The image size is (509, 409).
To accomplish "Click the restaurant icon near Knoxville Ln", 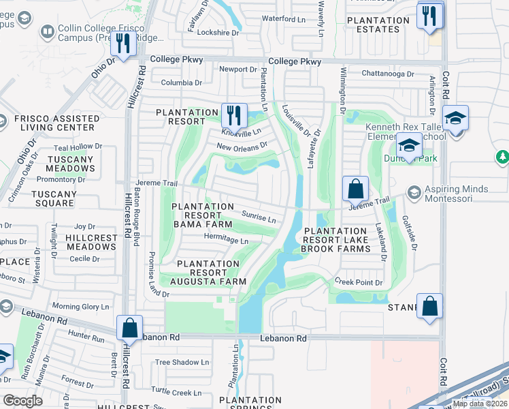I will point(233,115).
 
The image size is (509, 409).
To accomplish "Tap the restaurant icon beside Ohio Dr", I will point(123,45).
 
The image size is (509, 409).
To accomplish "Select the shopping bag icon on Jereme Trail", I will point(355,189).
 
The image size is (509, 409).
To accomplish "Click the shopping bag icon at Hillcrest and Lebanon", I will point(129,328).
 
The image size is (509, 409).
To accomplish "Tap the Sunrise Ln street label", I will point(259,217).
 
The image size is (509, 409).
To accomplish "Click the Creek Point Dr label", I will point(359,282).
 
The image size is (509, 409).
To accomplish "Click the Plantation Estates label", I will point(378,25).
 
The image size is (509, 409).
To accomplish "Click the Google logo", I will point(22,400).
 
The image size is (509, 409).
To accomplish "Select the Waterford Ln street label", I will point(284,19).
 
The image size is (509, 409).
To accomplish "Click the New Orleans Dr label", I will point(242,145).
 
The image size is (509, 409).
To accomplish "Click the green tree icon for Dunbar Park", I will point(503,157).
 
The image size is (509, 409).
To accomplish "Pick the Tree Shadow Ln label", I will point(182,363).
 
